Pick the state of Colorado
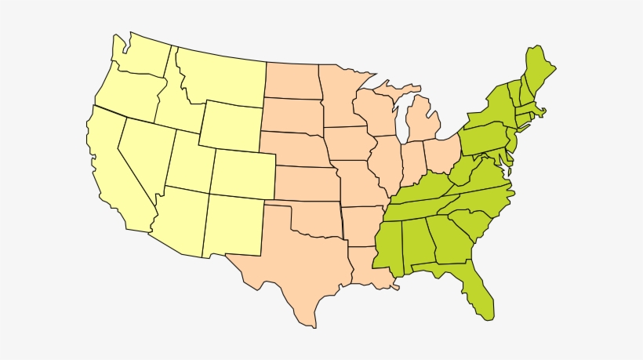[243, 173]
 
